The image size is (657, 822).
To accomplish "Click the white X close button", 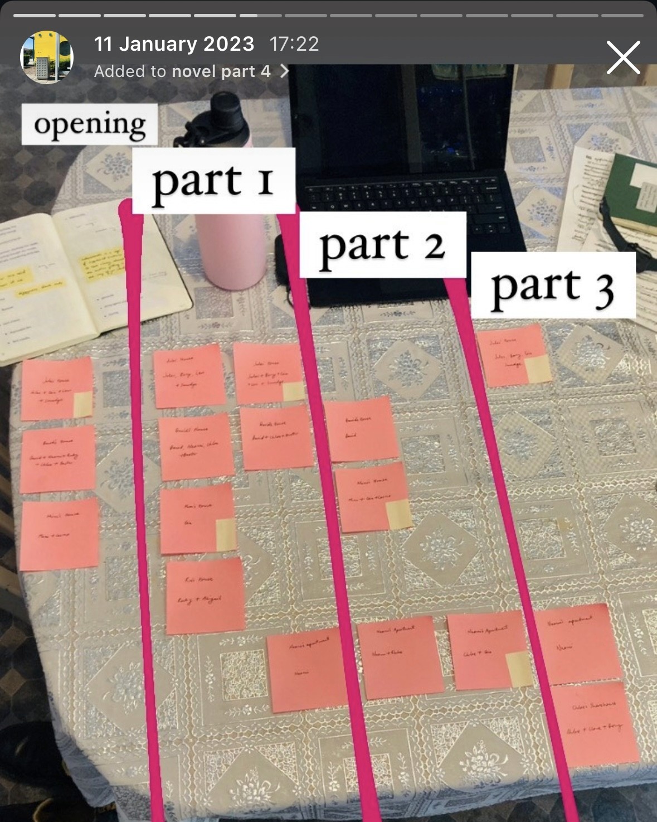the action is pos(623,57).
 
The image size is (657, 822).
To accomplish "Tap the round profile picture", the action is pos(47,57).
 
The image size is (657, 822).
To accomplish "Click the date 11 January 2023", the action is pos(174,44).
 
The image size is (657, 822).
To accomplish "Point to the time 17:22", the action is pos(294,44).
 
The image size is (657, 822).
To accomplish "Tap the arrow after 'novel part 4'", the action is pos(284,71).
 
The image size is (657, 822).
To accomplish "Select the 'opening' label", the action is pos(90,124).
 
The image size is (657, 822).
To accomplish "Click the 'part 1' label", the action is pos(213,181).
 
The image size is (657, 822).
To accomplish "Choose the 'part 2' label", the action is pos(382,245).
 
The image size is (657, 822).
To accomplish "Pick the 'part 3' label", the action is pos(553,286).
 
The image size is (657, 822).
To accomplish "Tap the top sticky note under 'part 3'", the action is pos(513,355).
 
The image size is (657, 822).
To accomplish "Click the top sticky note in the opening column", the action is pos(56,389).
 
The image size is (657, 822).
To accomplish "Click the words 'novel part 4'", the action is pos(221,71).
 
